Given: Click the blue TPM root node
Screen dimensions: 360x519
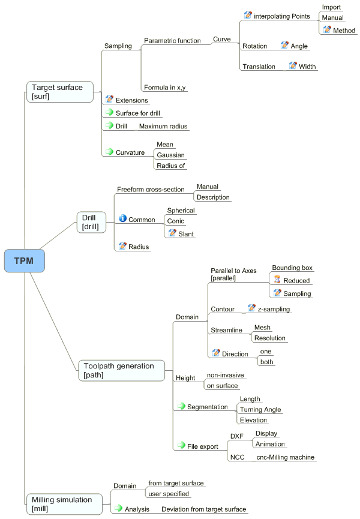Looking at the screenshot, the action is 24,261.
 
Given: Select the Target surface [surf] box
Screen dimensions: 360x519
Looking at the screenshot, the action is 60,92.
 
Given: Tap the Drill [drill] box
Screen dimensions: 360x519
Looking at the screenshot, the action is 91,222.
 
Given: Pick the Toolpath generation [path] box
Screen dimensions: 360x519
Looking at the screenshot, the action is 121,370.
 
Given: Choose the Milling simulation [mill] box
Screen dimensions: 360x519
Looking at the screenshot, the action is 64,504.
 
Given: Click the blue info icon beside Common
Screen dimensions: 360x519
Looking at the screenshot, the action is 123,218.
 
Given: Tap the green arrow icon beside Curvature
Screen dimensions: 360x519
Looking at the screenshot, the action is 109,152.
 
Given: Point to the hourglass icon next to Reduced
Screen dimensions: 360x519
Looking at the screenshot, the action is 277,280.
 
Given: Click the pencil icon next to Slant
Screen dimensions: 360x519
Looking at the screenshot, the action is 172,233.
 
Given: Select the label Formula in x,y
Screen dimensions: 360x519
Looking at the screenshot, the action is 165,88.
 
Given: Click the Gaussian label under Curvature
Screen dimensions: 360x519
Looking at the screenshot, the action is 171,155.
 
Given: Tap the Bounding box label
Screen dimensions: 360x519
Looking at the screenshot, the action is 292,268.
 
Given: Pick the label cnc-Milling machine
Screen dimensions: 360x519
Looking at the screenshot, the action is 286,457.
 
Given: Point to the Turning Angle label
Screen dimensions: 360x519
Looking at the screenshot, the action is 260,409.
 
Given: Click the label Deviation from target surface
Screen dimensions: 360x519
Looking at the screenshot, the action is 204,509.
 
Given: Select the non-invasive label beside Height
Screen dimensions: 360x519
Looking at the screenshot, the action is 226,375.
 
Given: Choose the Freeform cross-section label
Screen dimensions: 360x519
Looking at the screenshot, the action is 151,190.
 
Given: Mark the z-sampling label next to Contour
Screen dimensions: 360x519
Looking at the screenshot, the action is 274,309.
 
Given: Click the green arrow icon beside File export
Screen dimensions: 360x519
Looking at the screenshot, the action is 181,445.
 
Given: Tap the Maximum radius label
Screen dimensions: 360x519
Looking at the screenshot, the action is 163,126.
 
